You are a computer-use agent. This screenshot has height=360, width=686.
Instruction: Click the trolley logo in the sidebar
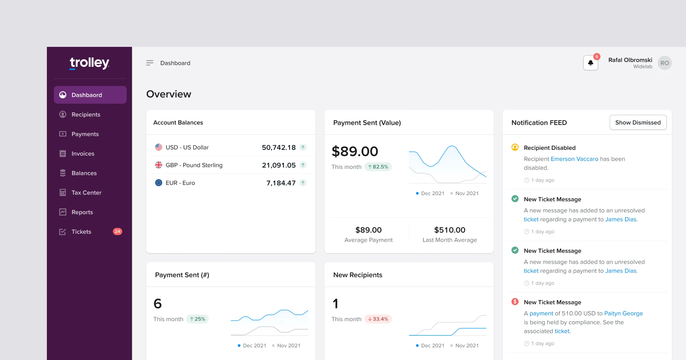tap(89, 63)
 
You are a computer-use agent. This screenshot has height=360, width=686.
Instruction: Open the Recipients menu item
tap(86, 115)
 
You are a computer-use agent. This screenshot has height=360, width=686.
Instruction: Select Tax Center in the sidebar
tap(86, 193)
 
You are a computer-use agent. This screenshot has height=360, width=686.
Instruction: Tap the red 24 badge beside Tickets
tap(117, 231)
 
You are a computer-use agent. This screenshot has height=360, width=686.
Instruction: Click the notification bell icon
tap(591, 63)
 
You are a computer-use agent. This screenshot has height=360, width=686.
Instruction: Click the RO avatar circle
tap(665, 63)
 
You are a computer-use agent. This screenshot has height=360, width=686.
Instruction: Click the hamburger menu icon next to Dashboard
tap(149, 63)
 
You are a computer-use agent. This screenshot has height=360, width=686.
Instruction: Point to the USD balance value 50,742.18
tap(279, 147)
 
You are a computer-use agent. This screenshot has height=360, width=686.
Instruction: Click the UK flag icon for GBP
tap(159, 165)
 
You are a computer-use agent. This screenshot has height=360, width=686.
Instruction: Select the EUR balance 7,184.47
tap(281, 183)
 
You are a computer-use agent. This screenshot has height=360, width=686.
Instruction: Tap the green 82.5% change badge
tap(378, 167)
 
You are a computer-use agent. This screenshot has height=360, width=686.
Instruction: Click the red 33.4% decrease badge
tap(378, 319)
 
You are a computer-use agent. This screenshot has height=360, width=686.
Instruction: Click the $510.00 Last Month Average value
tap(450, 230)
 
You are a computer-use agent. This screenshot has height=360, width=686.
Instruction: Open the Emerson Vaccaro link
tap(574, 159)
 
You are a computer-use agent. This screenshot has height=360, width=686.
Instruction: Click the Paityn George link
tap(623, 313)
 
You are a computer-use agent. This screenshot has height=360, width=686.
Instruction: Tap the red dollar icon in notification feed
tap(515, 302)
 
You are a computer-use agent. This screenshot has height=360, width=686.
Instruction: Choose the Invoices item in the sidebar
tap(83, 154)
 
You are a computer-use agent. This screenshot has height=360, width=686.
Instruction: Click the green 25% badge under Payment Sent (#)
tap(198, 319)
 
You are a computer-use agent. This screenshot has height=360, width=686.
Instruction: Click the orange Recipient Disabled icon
tap(515, 147)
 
